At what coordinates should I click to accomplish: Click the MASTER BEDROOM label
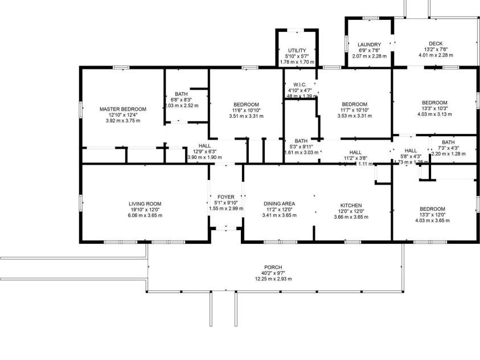click(x=122, y=109)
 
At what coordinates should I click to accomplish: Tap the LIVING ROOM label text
click(x=145, y=204)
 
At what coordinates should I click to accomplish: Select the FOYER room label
click(x=226, y=197)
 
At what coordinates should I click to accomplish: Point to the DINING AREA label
click(x=279, y=204)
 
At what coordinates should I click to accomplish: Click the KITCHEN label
click(x=351, y=205)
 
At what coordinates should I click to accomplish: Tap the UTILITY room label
click(x=297, y=51)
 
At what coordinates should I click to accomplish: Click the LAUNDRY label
click(x=369, y=44)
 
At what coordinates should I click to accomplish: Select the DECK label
click(x=435, y=44)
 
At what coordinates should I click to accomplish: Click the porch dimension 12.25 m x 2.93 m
click(x=273, y=279)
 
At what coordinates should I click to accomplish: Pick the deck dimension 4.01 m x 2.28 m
click(x=435, y=56)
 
